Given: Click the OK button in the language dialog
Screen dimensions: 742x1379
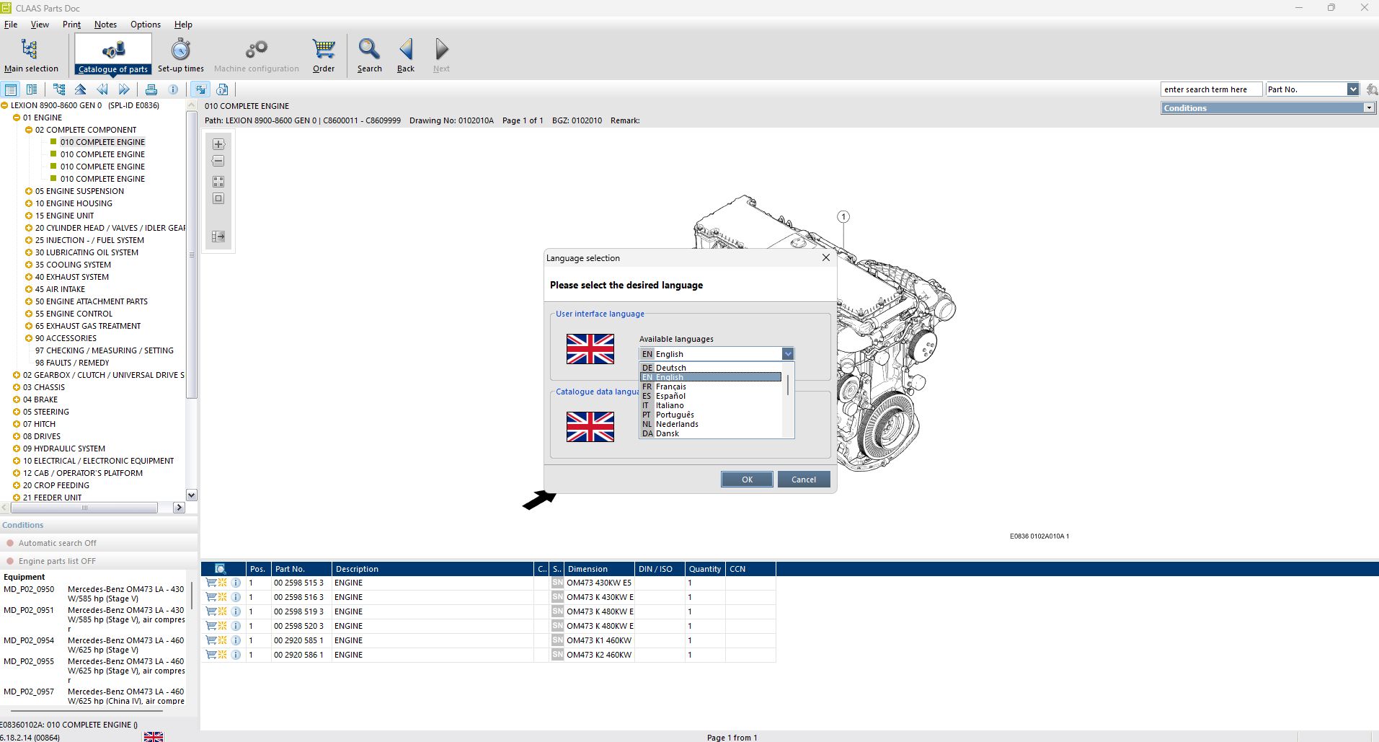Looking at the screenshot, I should click(746, 480).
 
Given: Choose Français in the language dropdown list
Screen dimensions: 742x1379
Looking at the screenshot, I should click(670, 387).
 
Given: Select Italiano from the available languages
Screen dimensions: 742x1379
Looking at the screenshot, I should click(669, 405).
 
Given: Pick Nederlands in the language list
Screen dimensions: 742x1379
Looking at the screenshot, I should click(676, 424).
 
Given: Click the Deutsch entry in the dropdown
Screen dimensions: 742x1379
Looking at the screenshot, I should click(670, 368).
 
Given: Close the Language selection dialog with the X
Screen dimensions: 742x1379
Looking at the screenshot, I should click(825, 257).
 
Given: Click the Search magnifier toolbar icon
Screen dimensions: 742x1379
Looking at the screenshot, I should click(369, 50).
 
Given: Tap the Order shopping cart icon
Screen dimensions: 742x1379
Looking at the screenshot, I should click(324, 50).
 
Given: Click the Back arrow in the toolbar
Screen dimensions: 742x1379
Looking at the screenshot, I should click(406, 50).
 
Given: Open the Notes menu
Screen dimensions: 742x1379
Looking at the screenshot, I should click(105, 25).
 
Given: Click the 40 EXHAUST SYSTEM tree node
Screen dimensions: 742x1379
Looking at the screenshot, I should click(71, 277).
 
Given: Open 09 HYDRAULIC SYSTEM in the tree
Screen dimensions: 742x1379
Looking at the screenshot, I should click(63, 449).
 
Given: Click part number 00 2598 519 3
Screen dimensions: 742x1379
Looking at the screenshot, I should click(298, 611).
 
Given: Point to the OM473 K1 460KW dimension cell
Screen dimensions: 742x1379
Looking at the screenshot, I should click(598, 640).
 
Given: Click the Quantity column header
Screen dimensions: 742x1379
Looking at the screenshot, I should click(704, 569).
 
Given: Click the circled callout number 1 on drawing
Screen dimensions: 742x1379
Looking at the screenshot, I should click(843, 216).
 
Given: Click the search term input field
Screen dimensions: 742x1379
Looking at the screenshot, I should click(1210, 89).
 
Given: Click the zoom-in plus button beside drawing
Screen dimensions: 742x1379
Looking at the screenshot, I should click(218, 144).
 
